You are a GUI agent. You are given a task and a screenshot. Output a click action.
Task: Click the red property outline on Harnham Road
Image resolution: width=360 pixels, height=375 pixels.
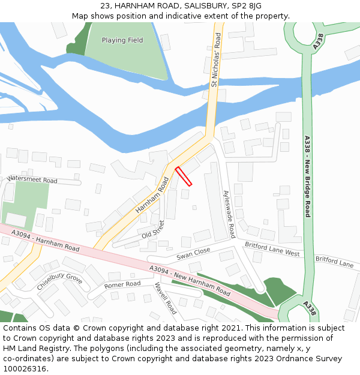tap(184, 176)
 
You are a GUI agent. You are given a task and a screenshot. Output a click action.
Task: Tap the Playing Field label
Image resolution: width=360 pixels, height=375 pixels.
tap(122, 40)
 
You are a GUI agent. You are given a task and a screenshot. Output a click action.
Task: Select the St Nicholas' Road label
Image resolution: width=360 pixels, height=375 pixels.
tap(216, 60)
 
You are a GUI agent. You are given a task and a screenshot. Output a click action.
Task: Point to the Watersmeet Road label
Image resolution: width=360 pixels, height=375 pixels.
tap(32, 179)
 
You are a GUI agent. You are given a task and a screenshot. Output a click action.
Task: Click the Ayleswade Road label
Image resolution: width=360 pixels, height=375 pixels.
tap(229, 214)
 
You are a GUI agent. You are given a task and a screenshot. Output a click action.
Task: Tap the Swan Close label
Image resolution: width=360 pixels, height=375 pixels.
tap(193, 254)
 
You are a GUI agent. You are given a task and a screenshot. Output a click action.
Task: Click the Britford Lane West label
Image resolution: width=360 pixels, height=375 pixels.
tap(272, 249)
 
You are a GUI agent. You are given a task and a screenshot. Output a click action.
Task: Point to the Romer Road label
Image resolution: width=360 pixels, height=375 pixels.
tap(122, 284)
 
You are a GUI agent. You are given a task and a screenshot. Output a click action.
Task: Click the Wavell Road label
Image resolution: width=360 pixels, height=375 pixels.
tap(166, 298)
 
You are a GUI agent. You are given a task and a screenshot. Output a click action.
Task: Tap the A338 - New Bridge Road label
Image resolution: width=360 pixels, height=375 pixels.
tap(307, 176)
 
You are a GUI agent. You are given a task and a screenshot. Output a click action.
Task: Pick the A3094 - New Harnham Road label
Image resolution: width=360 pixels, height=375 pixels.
tap(190, 281)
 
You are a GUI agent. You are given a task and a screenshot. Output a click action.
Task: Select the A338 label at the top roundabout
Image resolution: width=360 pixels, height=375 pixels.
tap(319, 41)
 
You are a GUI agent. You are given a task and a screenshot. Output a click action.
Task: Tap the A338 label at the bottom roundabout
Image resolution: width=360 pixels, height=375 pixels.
tap(310, 307)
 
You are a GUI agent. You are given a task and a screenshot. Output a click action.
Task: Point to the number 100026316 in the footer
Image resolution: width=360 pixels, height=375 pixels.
tap(24, 368)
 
